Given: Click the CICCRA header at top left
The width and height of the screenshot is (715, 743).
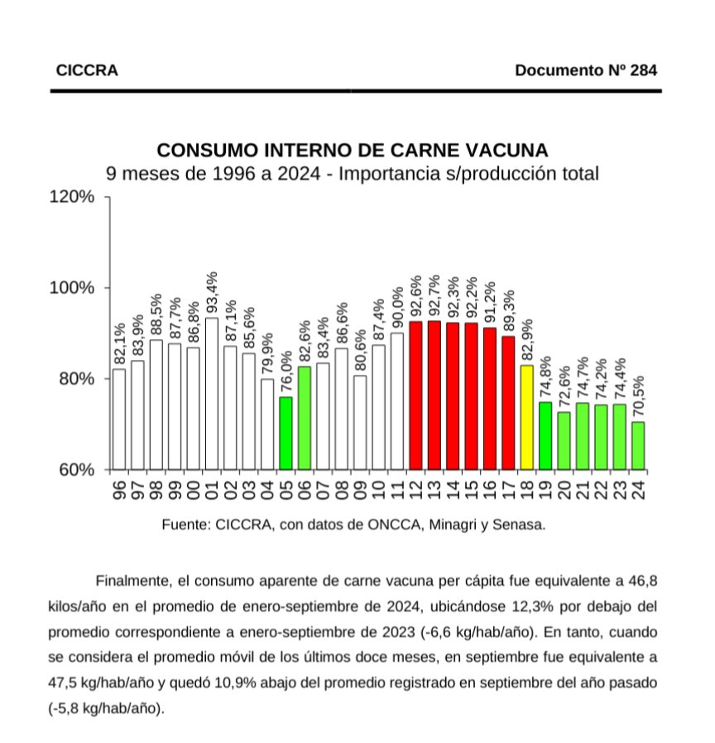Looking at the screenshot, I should point(87,70).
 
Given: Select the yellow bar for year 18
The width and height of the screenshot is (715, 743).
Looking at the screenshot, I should point(526,417).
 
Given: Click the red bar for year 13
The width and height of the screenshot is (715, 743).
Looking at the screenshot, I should point(434,395).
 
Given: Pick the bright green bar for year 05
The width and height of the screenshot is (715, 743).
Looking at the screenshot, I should point(286,433).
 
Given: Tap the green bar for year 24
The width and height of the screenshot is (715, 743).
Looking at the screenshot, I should point(638,445).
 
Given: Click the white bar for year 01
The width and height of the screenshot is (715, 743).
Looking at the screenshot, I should point(212,393).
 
